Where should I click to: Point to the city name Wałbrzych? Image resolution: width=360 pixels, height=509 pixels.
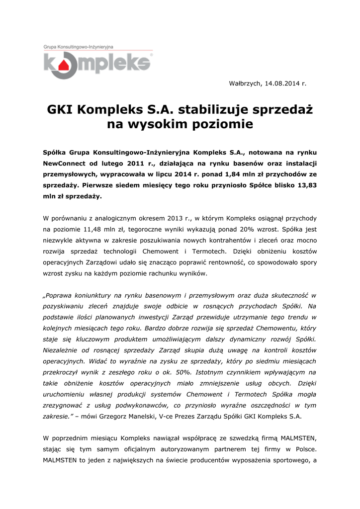[x=245, y=83]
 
